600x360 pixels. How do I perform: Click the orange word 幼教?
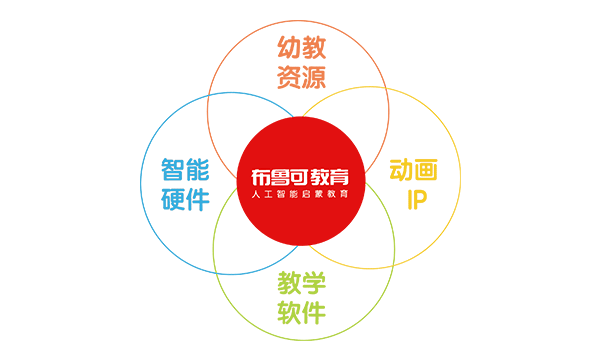301,47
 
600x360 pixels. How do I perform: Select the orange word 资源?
301,78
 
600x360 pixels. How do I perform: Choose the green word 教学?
301,282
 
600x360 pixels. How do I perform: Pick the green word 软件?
301,312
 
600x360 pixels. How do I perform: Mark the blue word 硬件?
185,199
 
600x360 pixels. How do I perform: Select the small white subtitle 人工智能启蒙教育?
300,194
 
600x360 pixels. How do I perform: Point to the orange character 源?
314,78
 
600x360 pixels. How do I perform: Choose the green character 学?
314,282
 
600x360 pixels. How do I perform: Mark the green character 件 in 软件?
314,312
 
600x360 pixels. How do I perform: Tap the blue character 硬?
172,199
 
